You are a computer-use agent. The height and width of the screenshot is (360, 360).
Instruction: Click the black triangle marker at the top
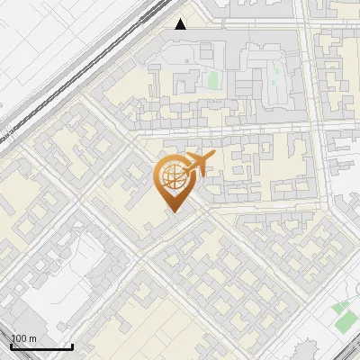tap(181, 23)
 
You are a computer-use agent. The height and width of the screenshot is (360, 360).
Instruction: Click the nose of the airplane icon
tap(214, 155)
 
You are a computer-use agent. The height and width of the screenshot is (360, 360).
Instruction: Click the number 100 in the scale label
tap(20, 338)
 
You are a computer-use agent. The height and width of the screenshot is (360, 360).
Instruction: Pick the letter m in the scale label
tap(33, 338)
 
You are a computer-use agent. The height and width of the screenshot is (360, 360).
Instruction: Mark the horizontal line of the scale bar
tap(41, 347)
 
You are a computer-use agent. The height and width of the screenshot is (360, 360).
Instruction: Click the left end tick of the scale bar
tap(11, 346)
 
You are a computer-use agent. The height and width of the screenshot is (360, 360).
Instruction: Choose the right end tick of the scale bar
tap(73, 346)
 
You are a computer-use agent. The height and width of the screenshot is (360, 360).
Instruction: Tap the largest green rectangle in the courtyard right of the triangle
tap(212, 79)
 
